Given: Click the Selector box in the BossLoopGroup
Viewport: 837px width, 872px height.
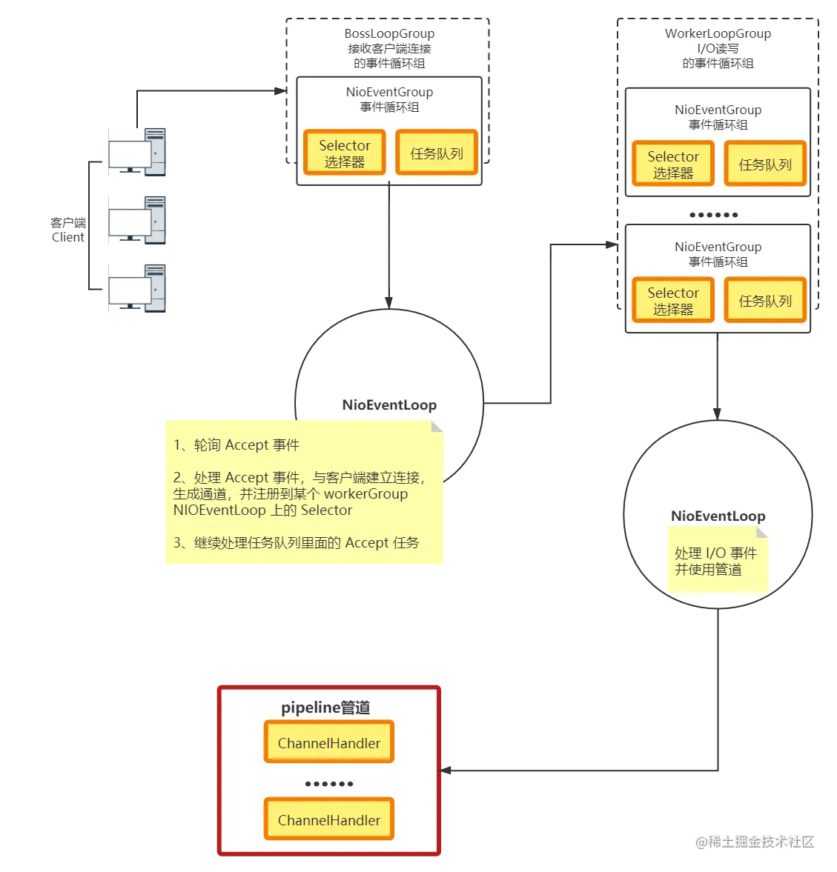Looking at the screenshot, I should (x=344, y=153).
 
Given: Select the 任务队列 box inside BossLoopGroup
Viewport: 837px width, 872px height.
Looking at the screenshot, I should (x=436, y=153).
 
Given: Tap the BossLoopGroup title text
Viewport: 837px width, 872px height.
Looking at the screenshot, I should (x=389, y=33).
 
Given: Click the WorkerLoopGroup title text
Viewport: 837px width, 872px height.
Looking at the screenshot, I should (x=718, y=33).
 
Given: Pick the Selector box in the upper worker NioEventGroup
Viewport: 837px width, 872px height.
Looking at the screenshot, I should (x=672, y=164).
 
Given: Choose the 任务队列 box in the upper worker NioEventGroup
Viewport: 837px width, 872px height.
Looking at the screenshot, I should (x=765, y=164).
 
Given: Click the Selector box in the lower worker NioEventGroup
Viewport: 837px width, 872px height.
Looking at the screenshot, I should (x=672, y=300).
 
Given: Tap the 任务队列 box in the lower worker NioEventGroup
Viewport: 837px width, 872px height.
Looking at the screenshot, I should (x=765, y=300).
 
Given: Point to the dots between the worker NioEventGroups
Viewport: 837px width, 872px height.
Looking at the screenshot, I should (x=713, y=215).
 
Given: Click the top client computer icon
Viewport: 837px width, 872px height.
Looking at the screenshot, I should (x=136, y=152).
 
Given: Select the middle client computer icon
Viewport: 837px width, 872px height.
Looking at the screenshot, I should (x=136, y=220).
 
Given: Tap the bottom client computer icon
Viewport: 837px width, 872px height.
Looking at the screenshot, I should (x=136, y=287).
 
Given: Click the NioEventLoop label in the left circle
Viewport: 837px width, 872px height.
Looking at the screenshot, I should (x=389, y=405).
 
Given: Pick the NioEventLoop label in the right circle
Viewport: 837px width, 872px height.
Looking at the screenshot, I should (x=718, y=516).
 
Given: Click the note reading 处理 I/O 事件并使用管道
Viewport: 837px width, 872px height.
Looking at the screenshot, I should (x=715, y=561).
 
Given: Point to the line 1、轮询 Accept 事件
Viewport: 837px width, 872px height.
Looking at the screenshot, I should (x=236, y=445).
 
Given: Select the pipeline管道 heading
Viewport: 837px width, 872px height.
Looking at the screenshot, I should (x=325, y=708).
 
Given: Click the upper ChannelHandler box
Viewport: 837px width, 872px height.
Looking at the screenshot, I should (x=328, y=742).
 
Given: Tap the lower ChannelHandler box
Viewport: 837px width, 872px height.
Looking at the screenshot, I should (x=328, y=819).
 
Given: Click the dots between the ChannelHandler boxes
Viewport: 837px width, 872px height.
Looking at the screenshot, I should (x=328, y=783).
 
